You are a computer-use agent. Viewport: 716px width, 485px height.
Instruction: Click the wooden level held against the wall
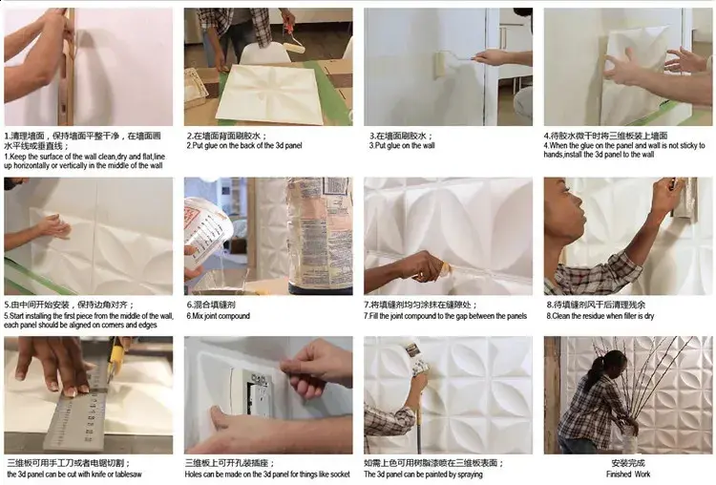point(68,67)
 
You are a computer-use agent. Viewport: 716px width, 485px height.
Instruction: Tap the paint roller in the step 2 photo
point(292,43)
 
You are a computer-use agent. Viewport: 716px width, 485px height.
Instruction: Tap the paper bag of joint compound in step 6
point(320,234)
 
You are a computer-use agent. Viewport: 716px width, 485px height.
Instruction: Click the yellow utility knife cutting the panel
point(116,359)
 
